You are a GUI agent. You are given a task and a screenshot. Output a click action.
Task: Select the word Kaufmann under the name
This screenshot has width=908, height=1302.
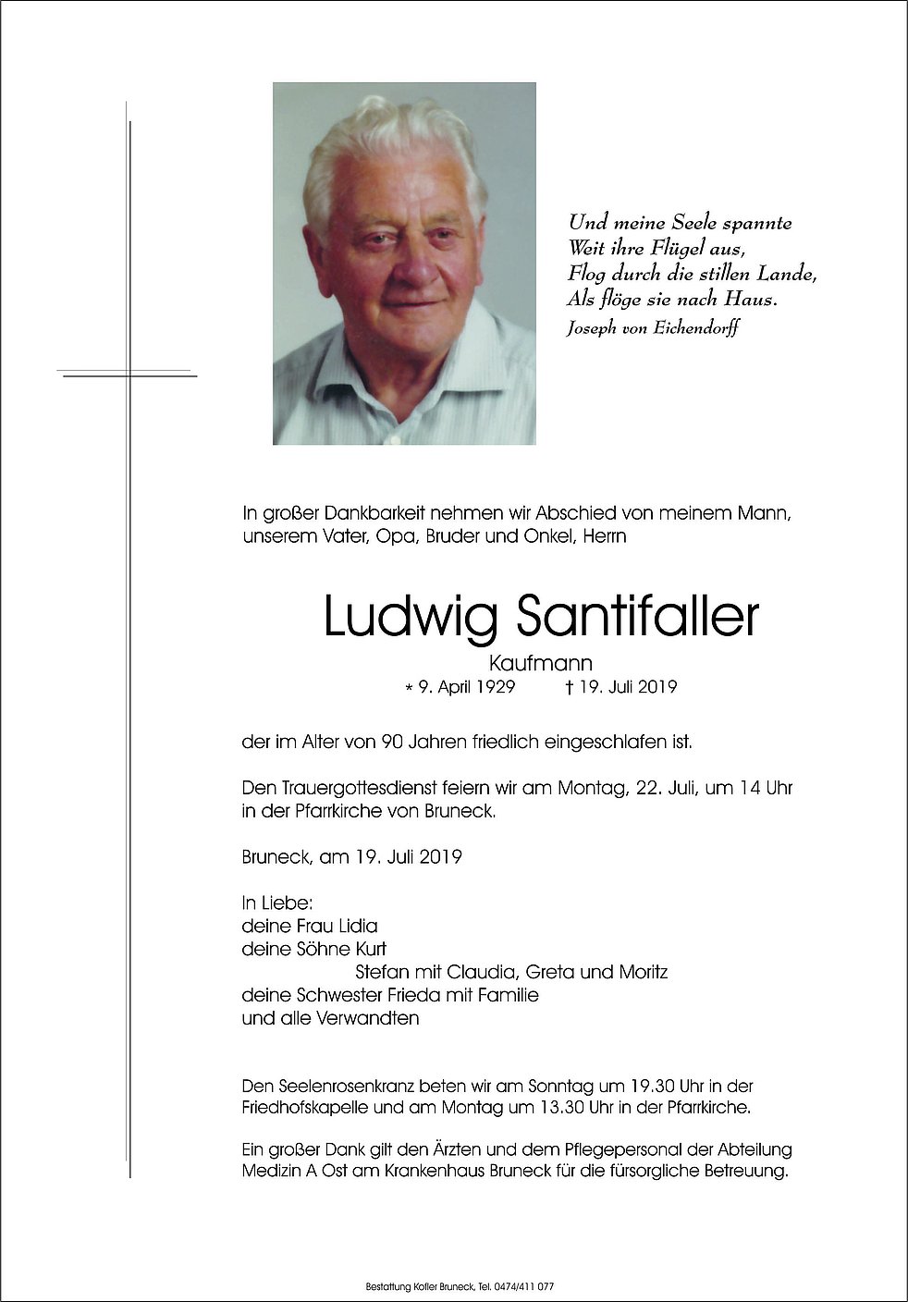(540, 663)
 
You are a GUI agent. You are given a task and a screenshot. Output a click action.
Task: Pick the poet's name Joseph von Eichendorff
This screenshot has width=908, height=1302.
(653, 327)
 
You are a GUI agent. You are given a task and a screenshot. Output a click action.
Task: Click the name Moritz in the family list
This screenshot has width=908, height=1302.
(643, 972)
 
